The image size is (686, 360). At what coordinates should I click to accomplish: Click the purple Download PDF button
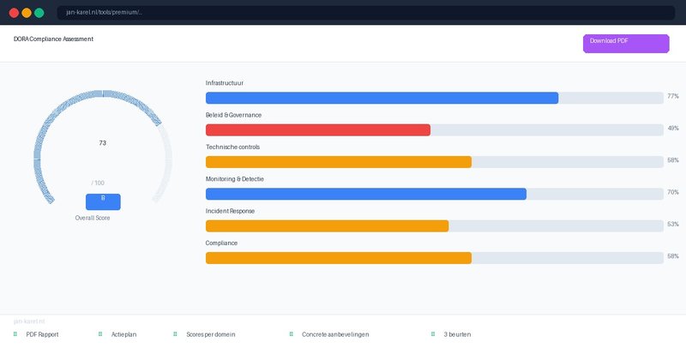(625, 43)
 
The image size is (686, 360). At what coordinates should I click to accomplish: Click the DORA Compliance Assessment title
(54, 39)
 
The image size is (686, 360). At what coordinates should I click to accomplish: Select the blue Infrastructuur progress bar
(382, 98)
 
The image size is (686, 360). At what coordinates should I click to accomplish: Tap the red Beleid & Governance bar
(318, 129)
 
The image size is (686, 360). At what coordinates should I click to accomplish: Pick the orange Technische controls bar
(339, 162)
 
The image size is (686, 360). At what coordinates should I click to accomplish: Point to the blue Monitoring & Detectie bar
(366, 194)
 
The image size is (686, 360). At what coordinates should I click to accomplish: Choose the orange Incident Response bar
(327, 225)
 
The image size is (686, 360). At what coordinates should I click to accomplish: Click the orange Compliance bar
(339, 258)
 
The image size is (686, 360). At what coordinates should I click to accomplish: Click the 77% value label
(673, 97)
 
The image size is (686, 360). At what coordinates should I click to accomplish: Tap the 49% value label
(673, 129)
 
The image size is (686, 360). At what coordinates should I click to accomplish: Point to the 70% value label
(673, 193)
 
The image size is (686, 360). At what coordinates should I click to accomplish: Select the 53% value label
(673, 225)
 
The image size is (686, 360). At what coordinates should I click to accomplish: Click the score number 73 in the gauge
(103, 143)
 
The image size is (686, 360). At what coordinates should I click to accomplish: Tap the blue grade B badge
(103, 201)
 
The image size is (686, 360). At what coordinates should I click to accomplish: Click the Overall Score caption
(93, 219)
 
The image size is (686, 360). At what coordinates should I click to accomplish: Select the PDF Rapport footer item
(42, 334)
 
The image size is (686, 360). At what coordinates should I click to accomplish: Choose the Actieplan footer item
(123, 334)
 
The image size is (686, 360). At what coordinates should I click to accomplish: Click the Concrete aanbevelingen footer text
(335, 334)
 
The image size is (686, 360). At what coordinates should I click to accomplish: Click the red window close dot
(14, 13)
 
